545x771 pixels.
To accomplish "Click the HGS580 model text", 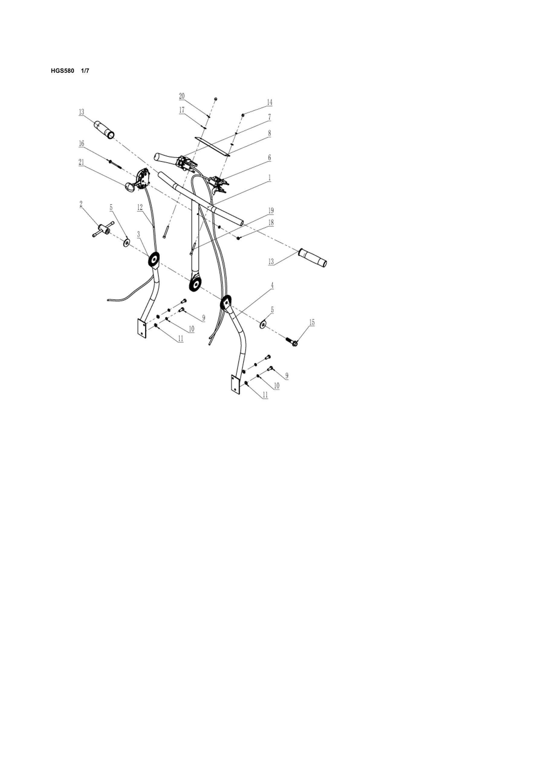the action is (x=63, y=71).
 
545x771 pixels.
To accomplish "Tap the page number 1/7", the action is (x=85, y=71).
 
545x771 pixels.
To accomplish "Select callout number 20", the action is (x=182, y=96).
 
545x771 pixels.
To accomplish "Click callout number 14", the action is (x=269, y=102).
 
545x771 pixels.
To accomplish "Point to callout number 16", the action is (x=82, y=144).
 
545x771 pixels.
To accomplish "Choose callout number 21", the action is (x=81, y=162).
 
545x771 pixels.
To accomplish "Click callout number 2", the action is (x=81, y=203).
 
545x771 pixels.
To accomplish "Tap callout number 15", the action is (x=312, y=323).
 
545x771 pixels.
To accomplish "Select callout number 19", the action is (x=271, y=211).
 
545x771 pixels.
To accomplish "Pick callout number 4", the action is (x=272, y=285).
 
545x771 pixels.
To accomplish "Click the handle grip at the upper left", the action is (x=104, y=130).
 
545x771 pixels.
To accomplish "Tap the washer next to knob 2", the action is (x=127, y=242).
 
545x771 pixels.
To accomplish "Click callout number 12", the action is (x=140, y=208).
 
